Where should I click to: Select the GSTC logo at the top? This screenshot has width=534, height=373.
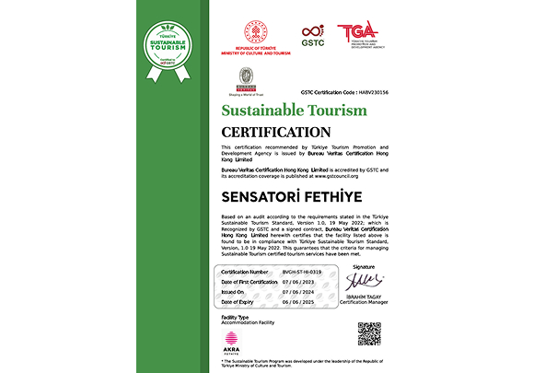313,34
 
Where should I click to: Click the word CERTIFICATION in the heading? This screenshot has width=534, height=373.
273,131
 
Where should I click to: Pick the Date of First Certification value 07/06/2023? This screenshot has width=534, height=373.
296,282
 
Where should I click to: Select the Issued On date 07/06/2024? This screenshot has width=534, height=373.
296,292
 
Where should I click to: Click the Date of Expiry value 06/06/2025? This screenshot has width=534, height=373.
296,302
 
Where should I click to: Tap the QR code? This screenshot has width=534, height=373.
369,333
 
